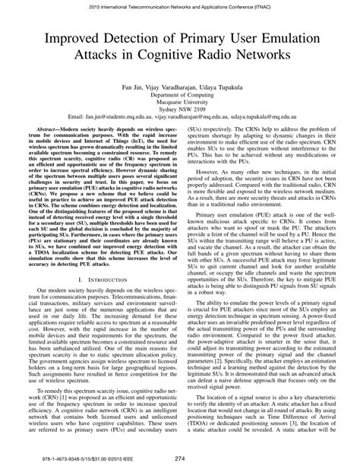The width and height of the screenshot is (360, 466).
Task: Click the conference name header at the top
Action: pyautogui.click(x=180, y=5)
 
